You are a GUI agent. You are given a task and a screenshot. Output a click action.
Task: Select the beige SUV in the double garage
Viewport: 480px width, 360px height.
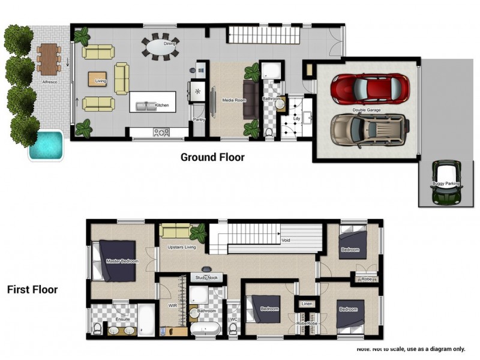click(370, 130)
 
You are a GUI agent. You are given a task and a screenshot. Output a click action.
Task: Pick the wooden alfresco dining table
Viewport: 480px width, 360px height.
click(47, 57)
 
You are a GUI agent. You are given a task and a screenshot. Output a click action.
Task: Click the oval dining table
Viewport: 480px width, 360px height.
click(160, 46)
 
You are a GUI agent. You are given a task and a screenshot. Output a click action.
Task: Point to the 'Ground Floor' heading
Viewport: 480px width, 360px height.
click(212, 158)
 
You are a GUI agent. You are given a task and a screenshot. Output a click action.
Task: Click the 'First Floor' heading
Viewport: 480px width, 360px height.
click(32, 290)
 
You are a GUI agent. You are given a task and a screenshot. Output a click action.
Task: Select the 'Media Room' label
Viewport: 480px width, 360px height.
click(234, 100)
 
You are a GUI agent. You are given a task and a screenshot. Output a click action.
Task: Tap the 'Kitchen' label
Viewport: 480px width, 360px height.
click(162, 106)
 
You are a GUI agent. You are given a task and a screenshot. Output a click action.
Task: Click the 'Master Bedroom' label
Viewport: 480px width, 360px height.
click(122, 262)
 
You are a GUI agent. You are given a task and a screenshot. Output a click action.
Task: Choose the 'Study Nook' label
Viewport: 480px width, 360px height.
click(206, 278)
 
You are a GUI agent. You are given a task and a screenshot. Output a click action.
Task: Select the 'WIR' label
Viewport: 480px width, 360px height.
click(172, 305)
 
